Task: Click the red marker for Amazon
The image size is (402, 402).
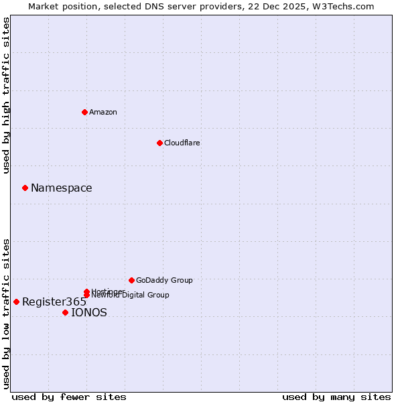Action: click(x=84, y=112)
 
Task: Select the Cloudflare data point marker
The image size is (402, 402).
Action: click(x=159, y=143)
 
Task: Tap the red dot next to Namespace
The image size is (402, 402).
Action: click(x=25, y=188)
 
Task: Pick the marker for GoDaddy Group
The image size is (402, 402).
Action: click(x=131, y=280)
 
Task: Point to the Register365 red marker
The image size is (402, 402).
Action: click(x=16, y=301)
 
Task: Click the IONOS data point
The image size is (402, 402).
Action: click(x=65, y=312)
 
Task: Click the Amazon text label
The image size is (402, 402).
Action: click(x=103, y=112)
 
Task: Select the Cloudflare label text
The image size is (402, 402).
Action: click(x=182, y=143)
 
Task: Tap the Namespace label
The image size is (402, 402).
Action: click(x=62, y=188)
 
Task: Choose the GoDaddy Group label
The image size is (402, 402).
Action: click(x=164, y=280)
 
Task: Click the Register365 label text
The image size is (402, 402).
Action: click(x=54, y=302)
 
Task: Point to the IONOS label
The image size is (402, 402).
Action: click(x=89, y=313)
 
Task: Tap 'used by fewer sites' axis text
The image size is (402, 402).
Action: click(x=69, y=397)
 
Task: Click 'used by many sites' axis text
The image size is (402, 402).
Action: click(x=336, y=397)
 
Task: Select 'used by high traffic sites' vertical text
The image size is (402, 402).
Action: click(x=6, y=95)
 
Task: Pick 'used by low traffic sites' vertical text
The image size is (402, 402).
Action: click(x=6, y=314)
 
